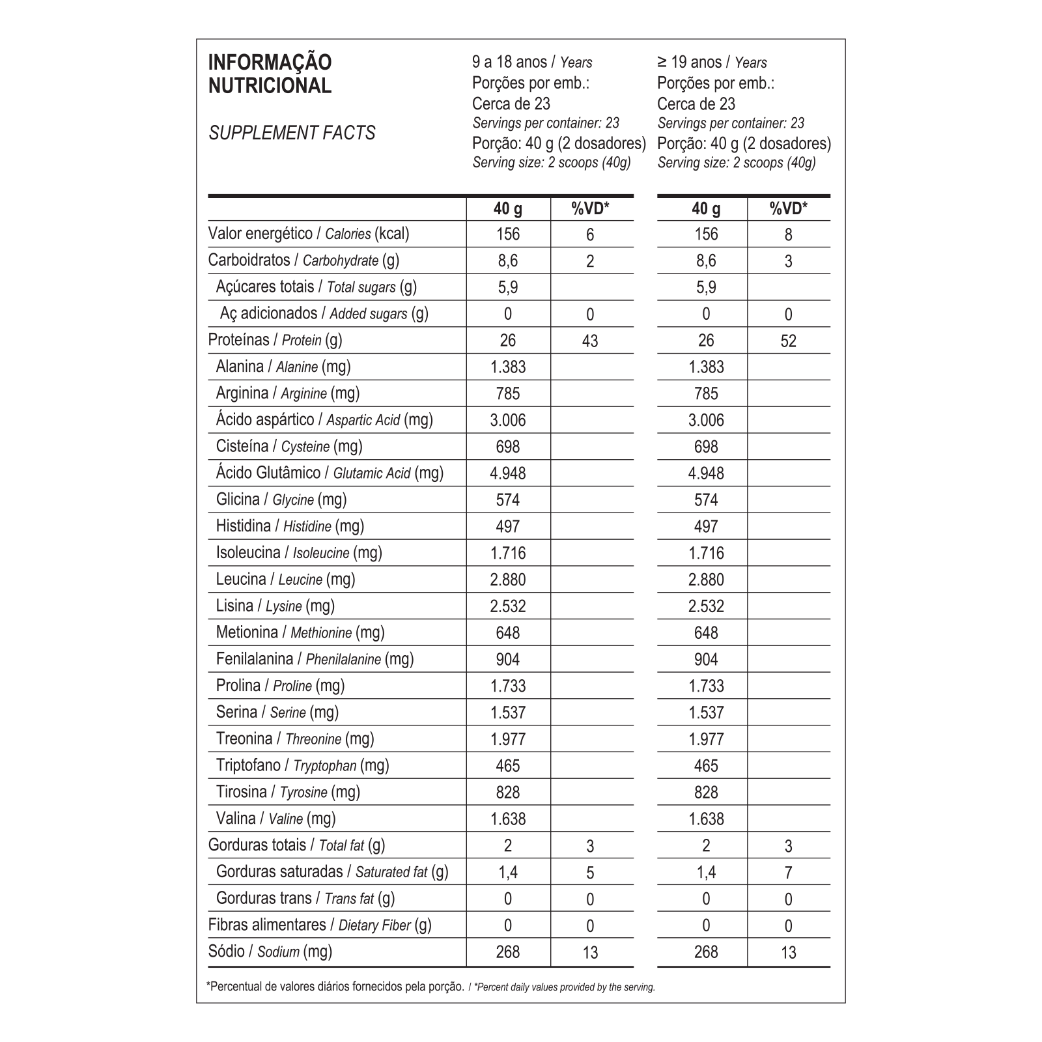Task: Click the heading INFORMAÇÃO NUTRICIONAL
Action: pyautogui.click(x=270, y=74)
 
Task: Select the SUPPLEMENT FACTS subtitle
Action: pyautogui.click(x=292, y=133)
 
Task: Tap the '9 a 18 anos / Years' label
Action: pyautogui.click(x=531, y=63)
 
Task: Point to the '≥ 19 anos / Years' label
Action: pyautogui.click(x=712, y=63)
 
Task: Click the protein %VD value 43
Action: pyautogui.click(x=589, y=341)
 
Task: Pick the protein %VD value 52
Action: pyautogui.click(x=788, y=341)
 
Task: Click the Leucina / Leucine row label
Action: pyautogui.click(x=285, y=579)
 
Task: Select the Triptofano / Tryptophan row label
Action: pyautogui.click(x=302, y=765)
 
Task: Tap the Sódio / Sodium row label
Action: pyautogui.click(x=270, y=951)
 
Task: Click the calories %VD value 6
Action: pyautogui.click(x=590, y=234)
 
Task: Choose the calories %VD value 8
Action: pyautogui.click(x=789, y=234)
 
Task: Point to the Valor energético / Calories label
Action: pyautogui.click(x=309, y=234)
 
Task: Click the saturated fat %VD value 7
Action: pyautogui.click(x=789, y=873)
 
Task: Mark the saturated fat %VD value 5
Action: pyautogui.click(x=590, y=873)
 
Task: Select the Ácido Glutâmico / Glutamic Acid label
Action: pyautogui.click(x=330, y=473)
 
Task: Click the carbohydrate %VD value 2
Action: pyautogui.click(x=590, y=261)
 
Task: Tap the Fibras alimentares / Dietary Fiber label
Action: pyautogui.click(x=320, y=925)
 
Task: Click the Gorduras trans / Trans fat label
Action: pyautogui.click(x=305, y=898)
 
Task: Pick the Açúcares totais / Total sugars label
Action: pyautogui.click(x=316, y=287)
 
